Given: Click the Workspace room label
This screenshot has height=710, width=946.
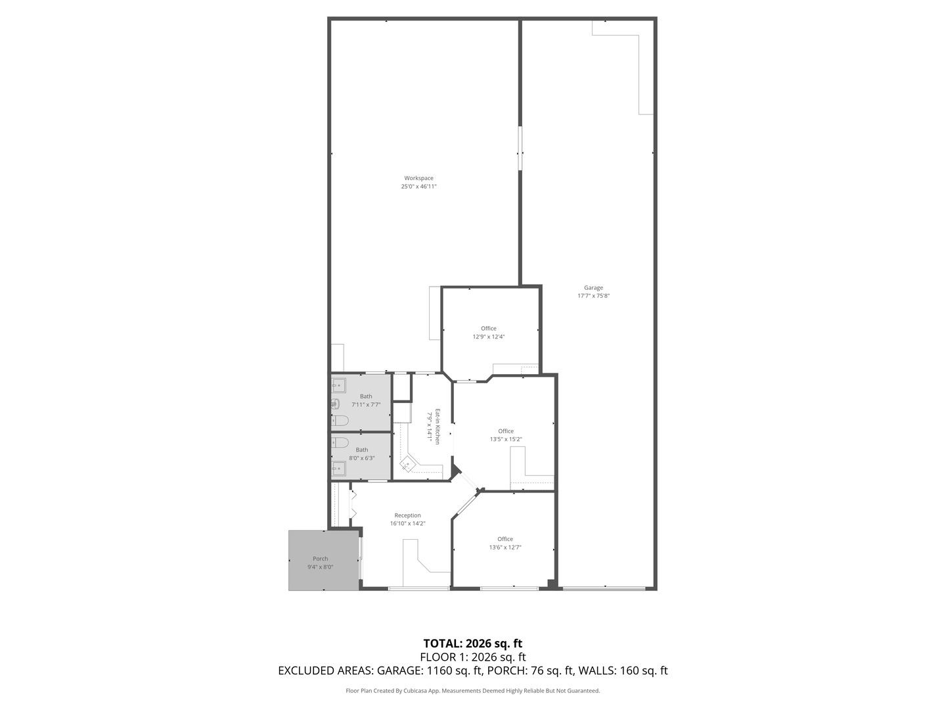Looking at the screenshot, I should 418,178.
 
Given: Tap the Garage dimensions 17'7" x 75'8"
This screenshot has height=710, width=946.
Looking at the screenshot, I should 593,296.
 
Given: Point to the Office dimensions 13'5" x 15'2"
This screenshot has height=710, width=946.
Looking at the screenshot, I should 505,439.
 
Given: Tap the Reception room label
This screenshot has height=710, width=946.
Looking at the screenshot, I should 407,515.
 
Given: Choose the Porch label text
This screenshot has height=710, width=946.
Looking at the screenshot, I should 320,559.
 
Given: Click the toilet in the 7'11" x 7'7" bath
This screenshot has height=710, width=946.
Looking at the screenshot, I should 340,420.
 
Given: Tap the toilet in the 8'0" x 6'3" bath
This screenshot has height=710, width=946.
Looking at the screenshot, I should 340,442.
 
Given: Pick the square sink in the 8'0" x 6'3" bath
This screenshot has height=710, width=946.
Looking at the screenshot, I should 338,468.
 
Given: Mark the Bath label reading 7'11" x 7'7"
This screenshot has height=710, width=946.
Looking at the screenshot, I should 365,396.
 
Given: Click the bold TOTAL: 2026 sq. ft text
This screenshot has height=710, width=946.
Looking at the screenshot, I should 472,644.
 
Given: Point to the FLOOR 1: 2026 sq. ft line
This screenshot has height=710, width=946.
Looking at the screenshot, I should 472,657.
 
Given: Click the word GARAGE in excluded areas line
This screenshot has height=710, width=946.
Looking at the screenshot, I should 400,671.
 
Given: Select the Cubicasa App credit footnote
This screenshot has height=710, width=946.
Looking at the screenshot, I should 472,691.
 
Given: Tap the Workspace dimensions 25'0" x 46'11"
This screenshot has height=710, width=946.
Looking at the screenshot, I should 418,187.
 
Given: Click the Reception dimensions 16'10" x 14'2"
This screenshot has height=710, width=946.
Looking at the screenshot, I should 407,524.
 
